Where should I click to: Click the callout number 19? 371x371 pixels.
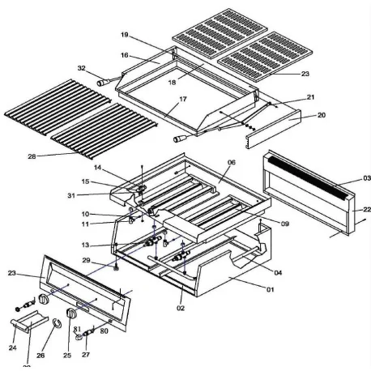pos(125,36)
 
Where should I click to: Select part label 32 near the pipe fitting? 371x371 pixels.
pos(81,69)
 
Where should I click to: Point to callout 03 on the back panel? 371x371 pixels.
pos(343,178)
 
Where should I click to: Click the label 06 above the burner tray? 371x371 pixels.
pos(231,163)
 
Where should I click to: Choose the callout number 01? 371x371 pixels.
pos(271,289)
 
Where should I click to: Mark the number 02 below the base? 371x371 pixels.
pos(180,307)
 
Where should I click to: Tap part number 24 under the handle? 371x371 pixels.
pos(13,348)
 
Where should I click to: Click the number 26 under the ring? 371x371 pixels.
pos(42,355)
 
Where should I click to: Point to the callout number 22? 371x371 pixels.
pos(356,209)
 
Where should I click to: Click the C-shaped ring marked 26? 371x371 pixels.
pos(57,326)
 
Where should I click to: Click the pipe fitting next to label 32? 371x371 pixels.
pos(101,82)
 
